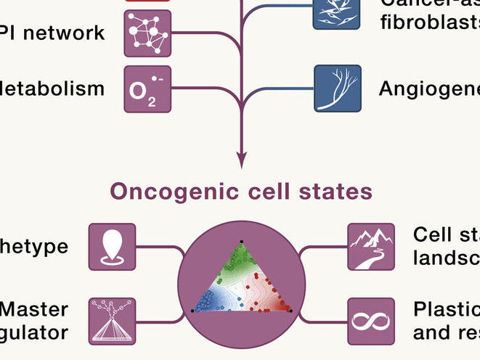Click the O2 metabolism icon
(x=147, y=89)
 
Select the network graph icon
(x=147, y=33)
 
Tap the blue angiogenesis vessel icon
(x=337, y=89)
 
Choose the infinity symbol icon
(x=371, y=321)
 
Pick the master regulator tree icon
(x=112, y=321)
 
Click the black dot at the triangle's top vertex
(x=241, y=240)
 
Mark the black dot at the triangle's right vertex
(x=291, y=311)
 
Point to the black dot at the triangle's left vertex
(x=192, y=311)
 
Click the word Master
(x=33, y=309)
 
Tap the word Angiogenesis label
(x=429, y=89)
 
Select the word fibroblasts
(x=429, y=18)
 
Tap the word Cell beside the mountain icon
(x=431, y=235)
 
